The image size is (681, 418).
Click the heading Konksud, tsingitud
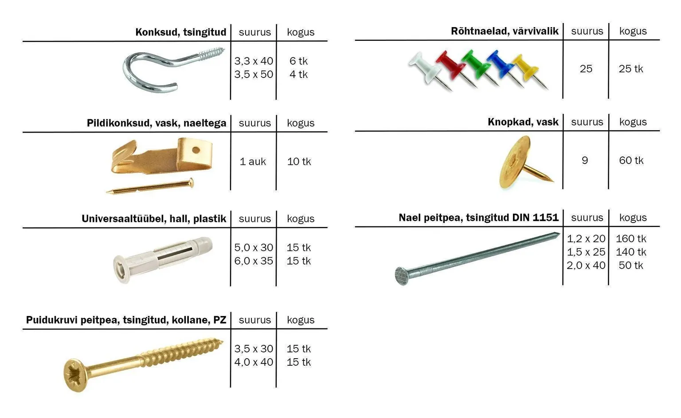[180, 32]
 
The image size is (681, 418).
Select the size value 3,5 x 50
[254, 74]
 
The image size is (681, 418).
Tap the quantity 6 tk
[298, 61]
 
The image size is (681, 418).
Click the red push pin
[448, 64]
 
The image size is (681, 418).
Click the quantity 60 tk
[631, 160]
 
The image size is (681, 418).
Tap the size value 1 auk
[253, 162]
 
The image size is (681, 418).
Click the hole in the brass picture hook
[196, 150]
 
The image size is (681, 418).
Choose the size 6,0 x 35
[254, 261]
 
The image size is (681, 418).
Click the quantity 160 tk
[631, 239]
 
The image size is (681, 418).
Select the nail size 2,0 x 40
[586, 266]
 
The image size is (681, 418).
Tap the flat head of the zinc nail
[401, 276]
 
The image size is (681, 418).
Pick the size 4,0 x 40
[254, 362]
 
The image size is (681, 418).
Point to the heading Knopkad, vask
[523, 122]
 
